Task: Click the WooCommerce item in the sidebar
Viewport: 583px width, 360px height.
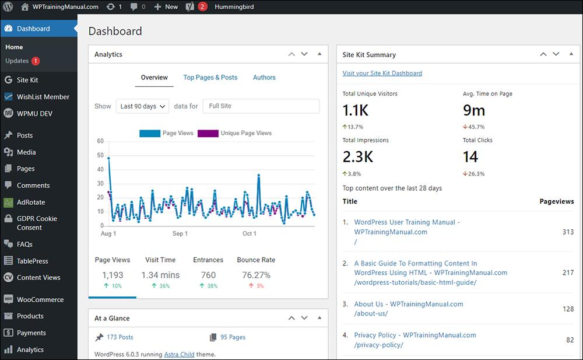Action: point(40,299)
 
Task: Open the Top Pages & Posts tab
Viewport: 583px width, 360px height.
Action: point(210,78)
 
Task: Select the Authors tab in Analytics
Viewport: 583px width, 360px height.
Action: point(264,78)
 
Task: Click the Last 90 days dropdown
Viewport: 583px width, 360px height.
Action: point(142,106)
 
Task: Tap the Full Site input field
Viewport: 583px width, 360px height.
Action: point(261,106)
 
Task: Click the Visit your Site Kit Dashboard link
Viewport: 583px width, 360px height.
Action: point(382,74)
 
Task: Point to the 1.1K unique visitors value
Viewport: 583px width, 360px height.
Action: point(356,111)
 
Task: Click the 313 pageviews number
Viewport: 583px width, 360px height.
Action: point(568,232)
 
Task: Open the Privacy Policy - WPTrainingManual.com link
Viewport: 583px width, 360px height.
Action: point(415,335)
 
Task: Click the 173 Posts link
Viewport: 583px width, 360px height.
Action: point(120,337)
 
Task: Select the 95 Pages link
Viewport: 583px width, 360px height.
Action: point(233,337)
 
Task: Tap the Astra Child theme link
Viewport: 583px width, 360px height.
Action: point(179,354)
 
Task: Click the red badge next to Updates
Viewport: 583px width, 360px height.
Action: point(36,61)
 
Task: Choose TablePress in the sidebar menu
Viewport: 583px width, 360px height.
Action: point(32,261)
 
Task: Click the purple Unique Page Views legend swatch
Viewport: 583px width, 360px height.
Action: point(208,133)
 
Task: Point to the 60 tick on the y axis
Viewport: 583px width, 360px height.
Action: point(100,141)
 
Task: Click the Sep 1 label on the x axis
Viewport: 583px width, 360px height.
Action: point(180,233)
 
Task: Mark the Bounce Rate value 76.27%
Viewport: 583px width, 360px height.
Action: point(256,275)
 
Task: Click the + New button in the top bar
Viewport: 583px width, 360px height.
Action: point(166,6)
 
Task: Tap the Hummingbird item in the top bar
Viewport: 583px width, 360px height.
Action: point(234,6)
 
